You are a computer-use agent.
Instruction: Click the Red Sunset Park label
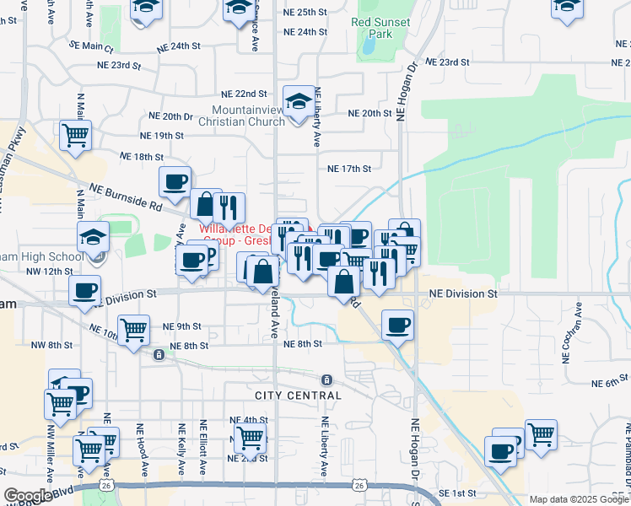[381, 28]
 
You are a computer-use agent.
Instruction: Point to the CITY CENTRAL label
[299, 395]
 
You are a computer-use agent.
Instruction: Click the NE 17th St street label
[350, 169]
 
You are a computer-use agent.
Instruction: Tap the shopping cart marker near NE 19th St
[75, 135]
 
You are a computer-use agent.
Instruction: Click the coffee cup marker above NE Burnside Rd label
[175, 182]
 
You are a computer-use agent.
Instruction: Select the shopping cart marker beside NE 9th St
[134, 331]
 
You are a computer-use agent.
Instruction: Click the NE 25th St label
[305, 13]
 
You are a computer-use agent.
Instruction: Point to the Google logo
[28, 496]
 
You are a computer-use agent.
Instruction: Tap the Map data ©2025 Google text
[578, 499]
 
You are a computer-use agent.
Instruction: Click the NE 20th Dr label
[171, 116]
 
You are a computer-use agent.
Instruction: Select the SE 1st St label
[456, 493]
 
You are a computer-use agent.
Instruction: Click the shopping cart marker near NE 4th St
[250, 438]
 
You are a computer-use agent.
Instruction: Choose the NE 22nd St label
[244, 94]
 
